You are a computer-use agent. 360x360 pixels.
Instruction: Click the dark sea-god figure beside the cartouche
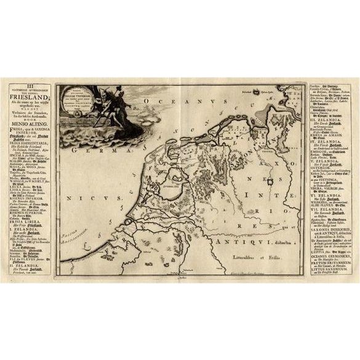coord(87,105)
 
